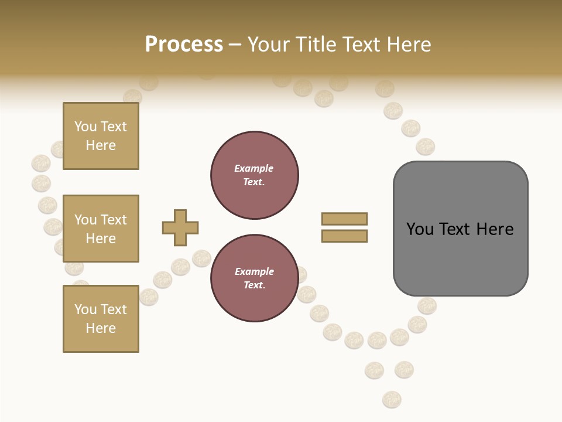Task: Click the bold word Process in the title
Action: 184,45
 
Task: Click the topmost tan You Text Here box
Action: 101,136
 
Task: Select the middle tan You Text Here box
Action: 101,229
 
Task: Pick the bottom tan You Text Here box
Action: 101,319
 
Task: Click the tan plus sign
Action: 180,227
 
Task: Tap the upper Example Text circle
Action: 255,175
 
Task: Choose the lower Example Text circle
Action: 255,278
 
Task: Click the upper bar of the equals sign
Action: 345,219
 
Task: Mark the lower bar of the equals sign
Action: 345,236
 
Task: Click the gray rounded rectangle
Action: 461,258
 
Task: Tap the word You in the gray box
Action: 420,229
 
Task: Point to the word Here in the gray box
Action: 495,229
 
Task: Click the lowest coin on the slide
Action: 392,400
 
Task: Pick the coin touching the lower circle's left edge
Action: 201,258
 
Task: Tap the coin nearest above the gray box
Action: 426,147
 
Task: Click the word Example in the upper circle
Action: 254,168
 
